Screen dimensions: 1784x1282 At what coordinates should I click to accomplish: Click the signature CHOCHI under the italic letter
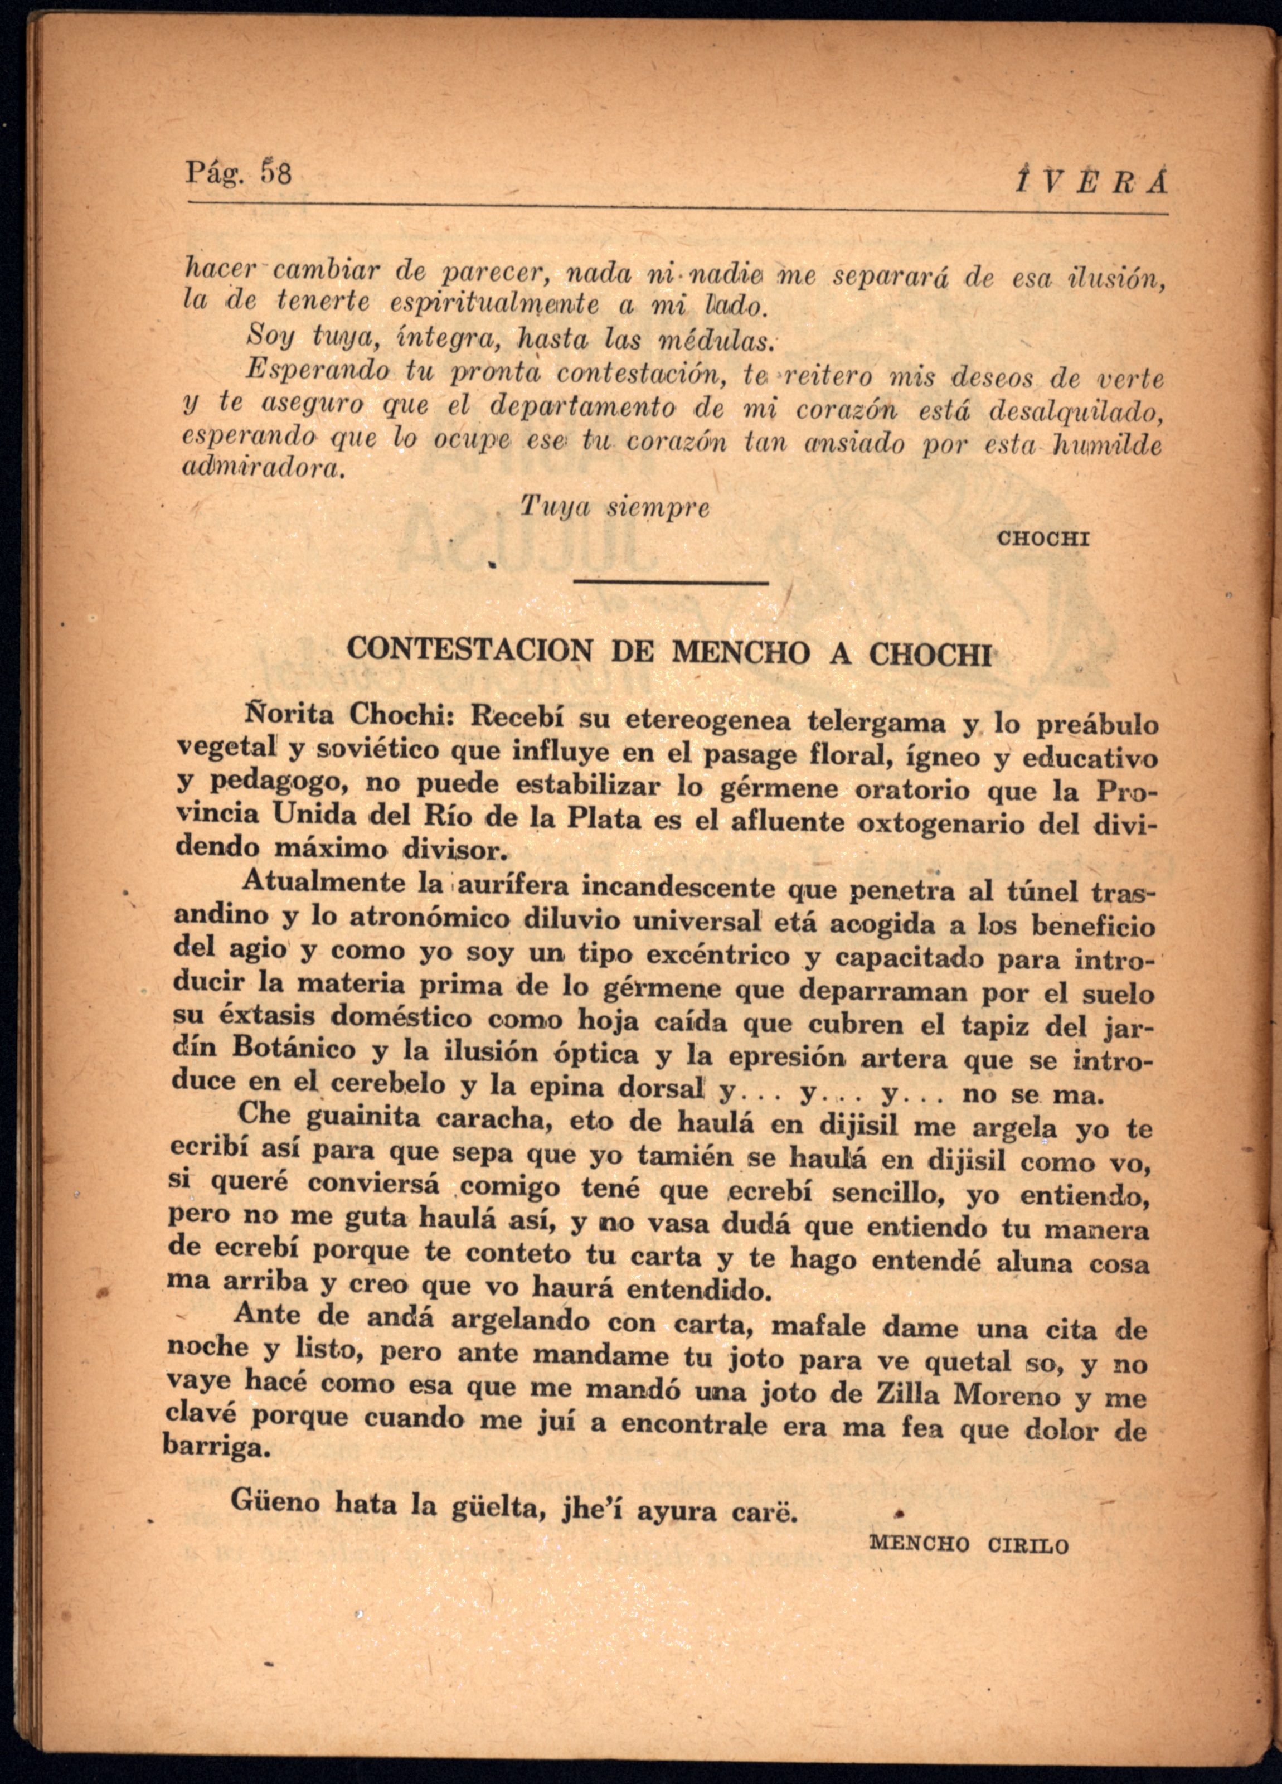pos(1043,539)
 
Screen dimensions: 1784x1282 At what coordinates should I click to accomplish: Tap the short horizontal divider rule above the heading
pos(671,582)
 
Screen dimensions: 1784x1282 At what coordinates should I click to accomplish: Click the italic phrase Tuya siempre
pos(614,507)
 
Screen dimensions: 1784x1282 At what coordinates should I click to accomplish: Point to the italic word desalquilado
pos(1074,410)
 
